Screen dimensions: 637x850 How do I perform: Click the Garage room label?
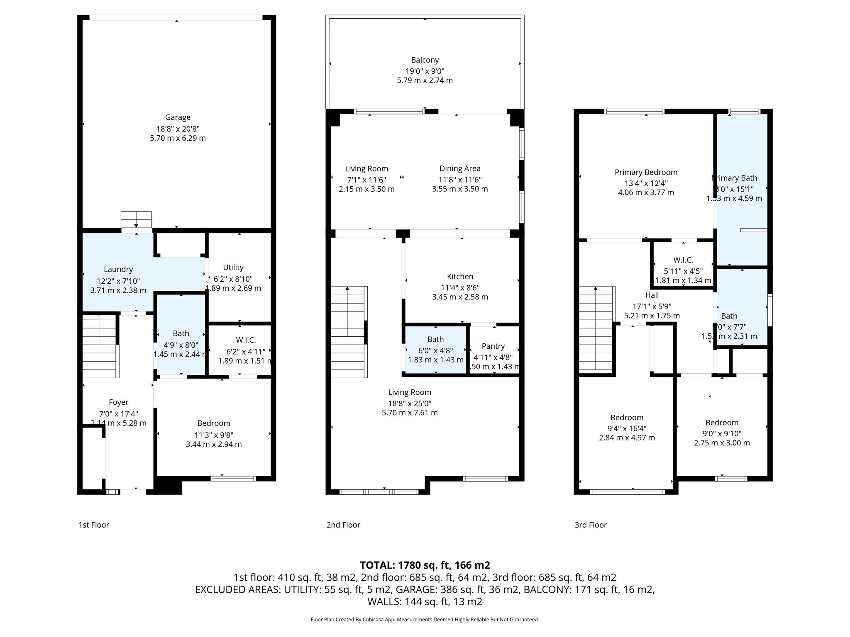[x=178, y=117]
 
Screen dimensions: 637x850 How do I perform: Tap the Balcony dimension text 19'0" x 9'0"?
[x=425, y=71]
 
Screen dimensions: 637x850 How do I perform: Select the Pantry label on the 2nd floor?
[x=493, y=346]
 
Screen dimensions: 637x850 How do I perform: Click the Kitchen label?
[x=460, y=277]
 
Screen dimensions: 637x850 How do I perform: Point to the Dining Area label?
[x=460, y=168]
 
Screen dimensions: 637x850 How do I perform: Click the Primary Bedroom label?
[x=646, y=172]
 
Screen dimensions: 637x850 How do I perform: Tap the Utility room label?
[x=233, y=267]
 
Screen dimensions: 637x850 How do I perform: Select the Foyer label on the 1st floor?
[x=118, y=402]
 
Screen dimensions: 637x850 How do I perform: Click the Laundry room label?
[x=118, y=269]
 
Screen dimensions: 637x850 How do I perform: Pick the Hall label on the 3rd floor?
[x=652, y=295]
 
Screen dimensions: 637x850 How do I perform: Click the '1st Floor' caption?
[x=94, y=525]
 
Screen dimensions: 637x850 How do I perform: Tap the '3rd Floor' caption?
[x=591, y=525]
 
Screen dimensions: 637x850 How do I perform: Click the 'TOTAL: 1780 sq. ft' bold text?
[x=425, y=565]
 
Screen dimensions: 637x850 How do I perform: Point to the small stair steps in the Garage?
[x=136, y=219]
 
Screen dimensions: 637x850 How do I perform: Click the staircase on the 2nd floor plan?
[x=349, y=332]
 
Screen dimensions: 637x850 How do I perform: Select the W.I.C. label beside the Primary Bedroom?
[x=683, y=260]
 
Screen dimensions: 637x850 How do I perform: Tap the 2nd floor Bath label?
[x=435, y=339]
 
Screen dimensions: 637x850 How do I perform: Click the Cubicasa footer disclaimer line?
[x=425, y=620]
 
